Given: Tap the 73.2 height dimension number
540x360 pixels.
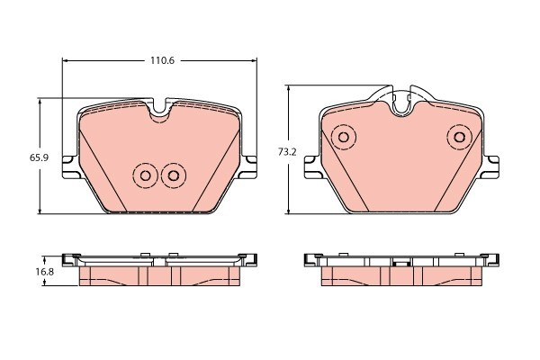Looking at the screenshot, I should tap(287, 152).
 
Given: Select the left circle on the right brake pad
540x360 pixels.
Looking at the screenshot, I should tap(342, 137).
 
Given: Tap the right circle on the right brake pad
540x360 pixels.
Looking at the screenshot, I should tap(460, 137).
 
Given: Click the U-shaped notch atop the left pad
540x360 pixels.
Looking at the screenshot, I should tap(159, 109).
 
